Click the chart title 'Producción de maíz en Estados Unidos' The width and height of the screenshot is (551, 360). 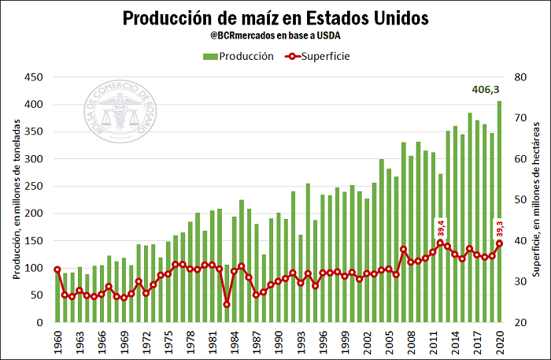coord(275,17)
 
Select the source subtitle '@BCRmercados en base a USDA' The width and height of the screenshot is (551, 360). coord(275,35)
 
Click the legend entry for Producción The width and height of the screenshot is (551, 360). coord(239,56)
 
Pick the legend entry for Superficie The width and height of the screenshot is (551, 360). coord(314,56)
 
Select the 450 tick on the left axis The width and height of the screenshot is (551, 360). coord(33,77)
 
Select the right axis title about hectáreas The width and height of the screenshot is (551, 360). coord(536,199)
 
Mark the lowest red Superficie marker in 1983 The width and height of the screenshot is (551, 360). coord(227,304)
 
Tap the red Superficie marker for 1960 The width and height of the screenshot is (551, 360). coord(57,269)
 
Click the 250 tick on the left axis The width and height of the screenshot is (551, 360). coord(33,186)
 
